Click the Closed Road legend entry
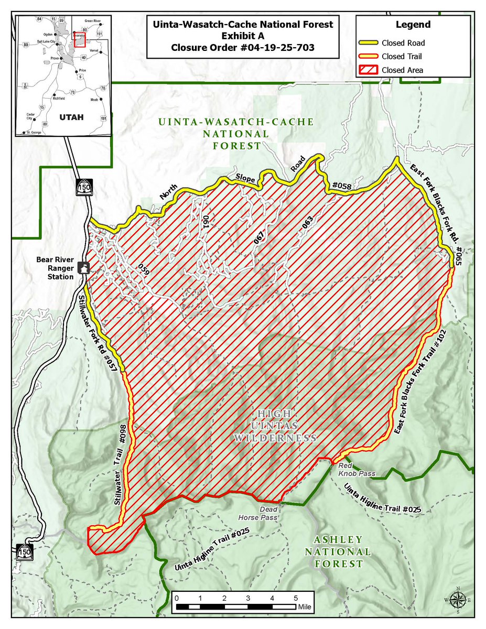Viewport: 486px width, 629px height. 403,42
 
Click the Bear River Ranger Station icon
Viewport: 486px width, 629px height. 83,267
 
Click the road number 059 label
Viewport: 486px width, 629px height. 144,268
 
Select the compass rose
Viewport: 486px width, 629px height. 457,599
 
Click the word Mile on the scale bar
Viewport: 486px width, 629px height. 305,607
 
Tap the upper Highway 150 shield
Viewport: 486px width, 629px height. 83,187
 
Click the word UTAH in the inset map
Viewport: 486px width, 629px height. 72,116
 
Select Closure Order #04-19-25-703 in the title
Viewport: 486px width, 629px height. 243,47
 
